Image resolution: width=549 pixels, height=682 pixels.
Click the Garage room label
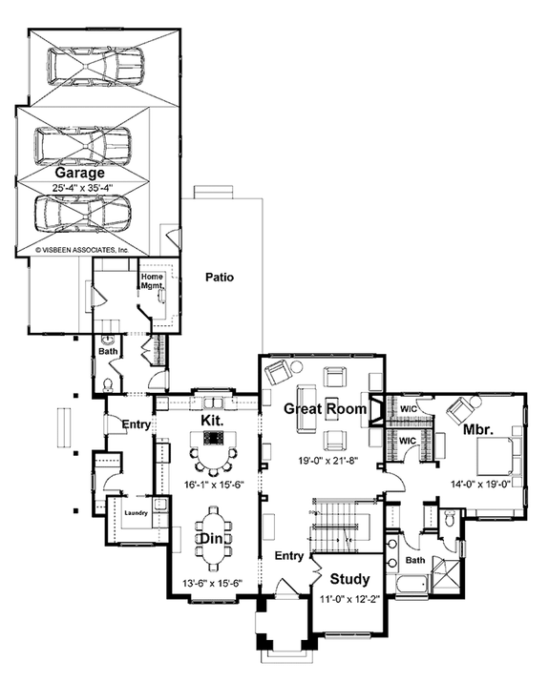(80, 173)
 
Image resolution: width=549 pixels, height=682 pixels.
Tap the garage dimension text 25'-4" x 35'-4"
(82, 188)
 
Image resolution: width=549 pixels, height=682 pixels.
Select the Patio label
(220, 277)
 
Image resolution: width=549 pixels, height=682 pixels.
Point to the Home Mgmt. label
(153, 281)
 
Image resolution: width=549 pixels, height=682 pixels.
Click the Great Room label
(326, 409)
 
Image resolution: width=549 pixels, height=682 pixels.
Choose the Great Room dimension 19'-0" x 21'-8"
(327, 460)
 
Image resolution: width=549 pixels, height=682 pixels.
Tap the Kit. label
(212, 420)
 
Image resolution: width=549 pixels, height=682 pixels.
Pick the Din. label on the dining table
(211, 539)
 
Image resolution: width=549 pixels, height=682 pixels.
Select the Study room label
(350, 579)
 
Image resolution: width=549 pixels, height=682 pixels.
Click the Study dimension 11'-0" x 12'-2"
(350, 599)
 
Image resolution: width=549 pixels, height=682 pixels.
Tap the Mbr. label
(478, 430)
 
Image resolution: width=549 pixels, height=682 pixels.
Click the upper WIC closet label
(409, 409)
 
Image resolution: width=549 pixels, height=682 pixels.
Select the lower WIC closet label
(408, 441)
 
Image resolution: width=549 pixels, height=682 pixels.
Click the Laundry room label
(137, 513)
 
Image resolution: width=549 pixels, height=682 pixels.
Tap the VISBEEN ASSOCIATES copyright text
(82, 250)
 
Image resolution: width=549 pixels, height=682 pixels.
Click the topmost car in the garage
(95, 65)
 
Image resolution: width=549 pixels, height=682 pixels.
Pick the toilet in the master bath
(449, 519)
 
